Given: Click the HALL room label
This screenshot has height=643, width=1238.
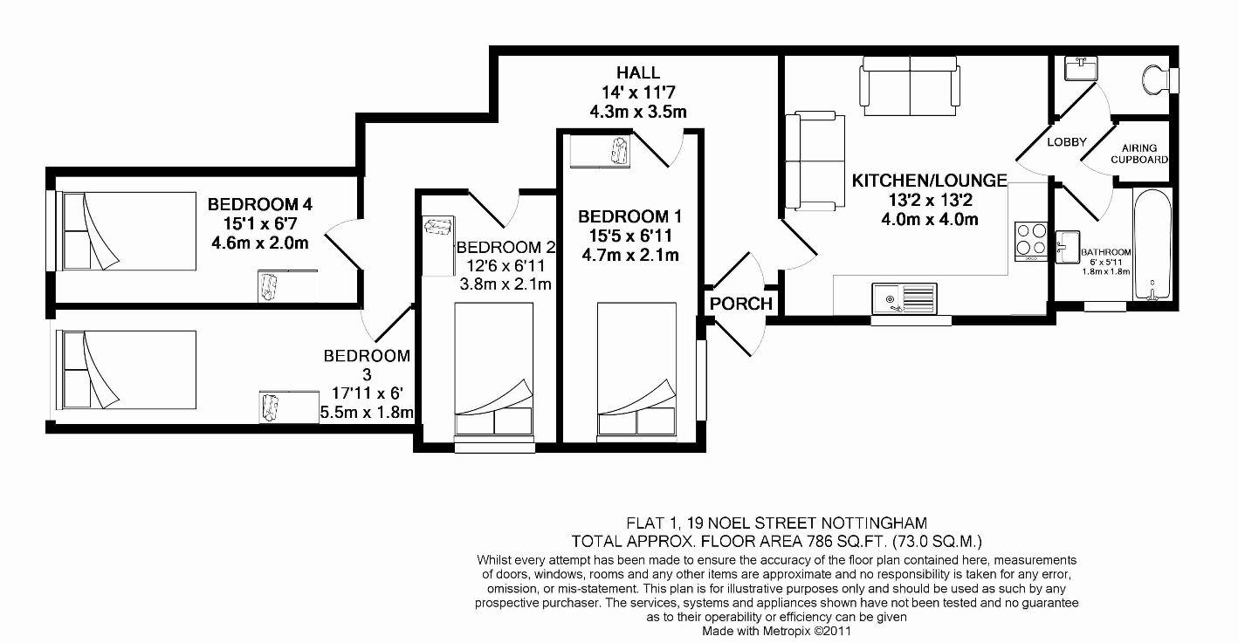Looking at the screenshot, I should click(637, 73).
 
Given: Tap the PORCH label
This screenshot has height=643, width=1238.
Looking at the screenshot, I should click(741, 304).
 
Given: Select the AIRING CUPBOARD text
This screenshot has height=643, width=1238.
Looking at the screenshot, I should click(1139, 154).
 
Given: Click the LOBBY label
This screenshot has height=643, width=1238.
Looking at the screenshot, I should click(1066, 142).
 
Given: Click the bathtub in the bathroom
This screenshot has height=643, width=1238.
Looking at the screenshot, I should click(1152, 245).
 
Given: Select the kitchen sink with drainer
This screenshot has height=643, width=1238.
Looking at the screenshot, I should click(904, 298).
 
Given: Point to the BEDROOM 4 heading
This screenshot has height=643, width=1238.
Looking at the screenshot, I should click(260, 204).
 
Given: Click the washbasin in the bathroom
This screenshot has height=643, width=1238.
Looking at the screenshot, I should click(1068, 245).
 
